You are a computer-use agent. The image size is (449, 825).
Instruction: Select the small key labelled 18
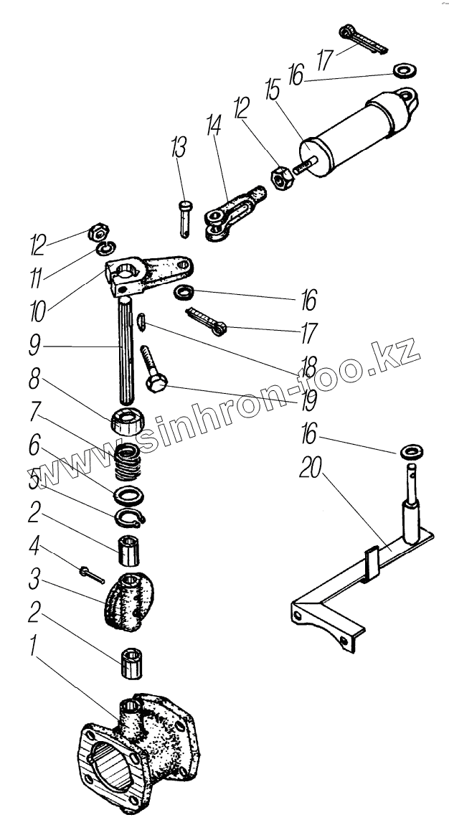tap(143, 323)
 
